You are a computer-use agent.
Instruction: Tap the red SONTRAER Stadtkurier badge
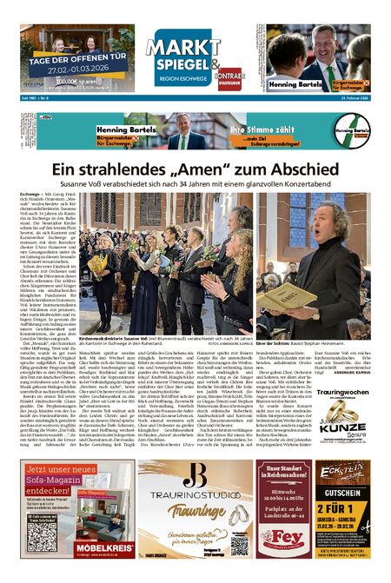[x=229, y=74]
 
